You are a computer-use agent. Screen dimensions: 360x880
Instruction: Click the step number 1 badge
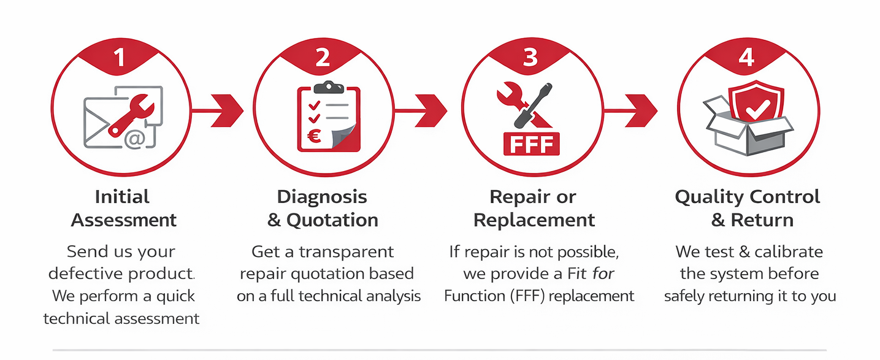tap(120, 57)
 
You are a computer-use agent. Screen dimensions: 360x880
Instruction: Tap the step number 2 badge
tap(323, 57)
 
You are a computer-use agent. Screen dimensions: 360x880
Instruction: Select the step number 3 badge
tap(530, 57)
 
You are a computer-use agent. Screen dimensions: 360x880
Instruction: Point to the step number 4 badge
tap(746, 57)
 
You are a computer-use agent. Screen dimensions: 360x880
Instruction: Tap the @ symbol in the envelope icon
tap(134, 140)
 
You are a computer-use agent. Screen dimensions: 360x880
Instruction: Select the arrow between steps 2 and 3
tap(429, 111)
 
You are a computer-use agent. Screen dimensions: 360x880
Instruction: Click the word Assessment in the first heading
tap(124, 220)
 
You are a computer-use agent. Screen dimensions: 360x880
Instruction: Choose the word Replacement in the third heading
tap(534, 220)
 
